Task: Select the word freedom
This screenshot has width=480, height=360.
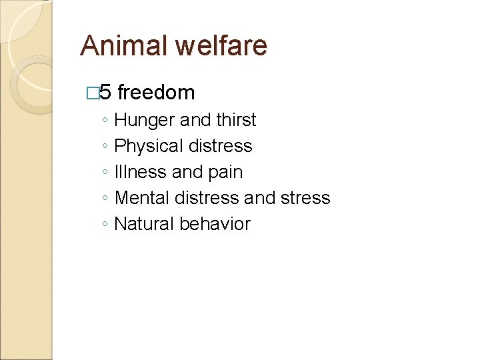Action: pyautogui.click(x=155, y=92)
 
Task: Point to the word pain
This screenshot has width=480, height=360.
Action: pyautogui.click(x=226, y=173)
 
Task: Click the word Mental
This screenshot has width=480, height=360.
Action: pyautogui.click(x=141, y=198)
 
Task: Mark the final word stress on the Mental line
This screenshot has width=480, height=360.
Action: pyautogui.click(x=305, y=198)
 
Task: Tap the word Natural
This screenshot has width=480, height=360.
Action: pyautogui.click(x=144, y=224)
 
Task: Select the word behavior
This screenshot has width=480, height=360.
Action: pyautogui.click(x=215, y=224)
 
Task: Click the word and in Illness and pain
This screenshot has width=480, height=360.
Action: pyautogui.click(x=187, y=172)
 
